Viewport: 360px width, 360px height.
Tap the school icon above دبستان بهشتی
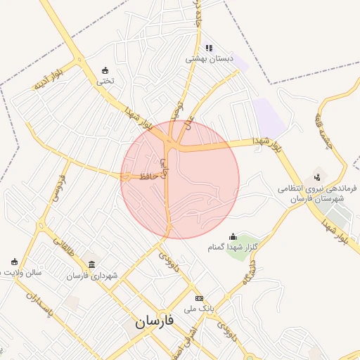pyautogui.click(x=208, y=48)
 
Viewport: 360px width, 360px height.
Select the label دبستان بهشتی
pyautogui.click(x=208, y=59)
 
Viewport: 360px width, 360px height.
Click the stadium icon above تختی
pyautogui.click(x=105, y=70)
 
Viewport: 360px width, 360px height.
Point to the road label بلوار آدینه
pyautogui.click(x=46, y=80)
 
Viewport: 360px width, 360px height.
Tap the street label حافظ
pyautogui.click(x=146, y=175)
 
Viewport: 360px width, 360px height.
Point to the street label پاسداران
pyautogui.click(x=31, y=305)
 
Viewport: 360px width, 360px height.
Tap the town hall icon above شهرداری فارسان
pyautogui.click(x=92, y=264)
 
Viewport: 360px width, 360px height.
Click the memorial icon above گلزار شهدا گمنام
pyautogui.click(x=233, y=236)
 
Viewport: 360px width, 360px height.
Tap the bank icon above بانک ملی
pyautogui.click(x=199, y=298)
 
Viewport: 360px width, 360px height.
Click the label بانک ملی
pyautogui.click(x=198, y=309)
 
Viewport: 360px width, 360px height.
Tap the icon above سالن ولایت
pyautogui.click(x=15, y=262)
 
